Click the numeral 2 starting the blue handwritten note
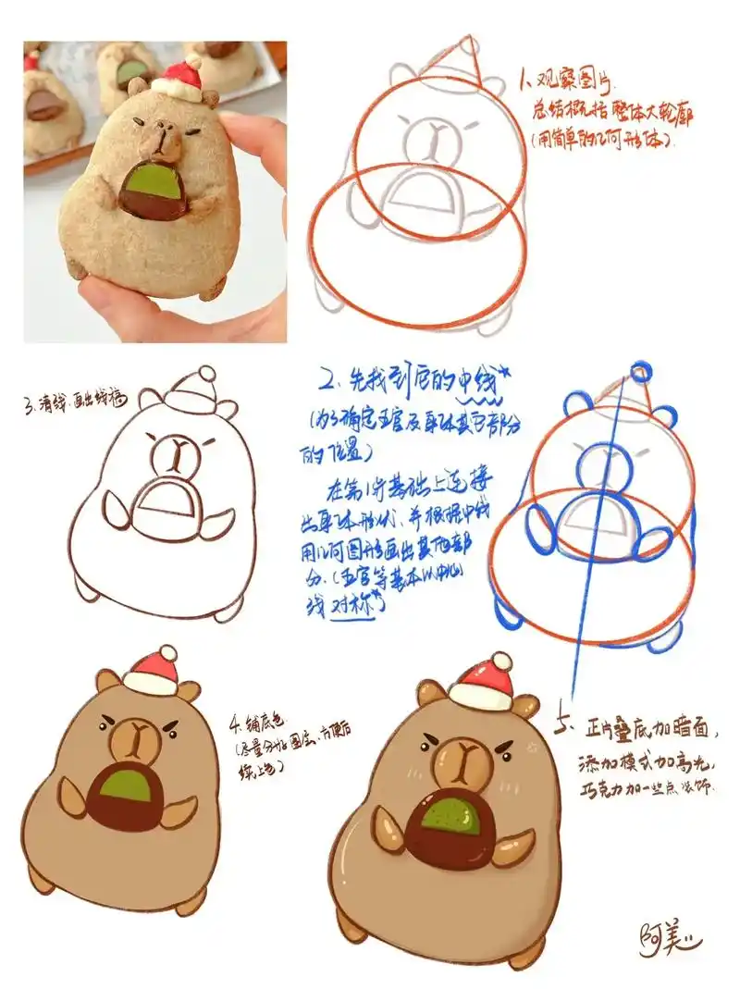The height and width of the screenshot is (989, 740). [326, 379]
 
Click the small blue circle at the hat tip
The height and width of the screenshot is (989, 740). [641, 373]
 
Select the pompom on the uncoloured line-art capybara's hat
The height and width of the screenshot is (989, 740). [206, 374]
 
